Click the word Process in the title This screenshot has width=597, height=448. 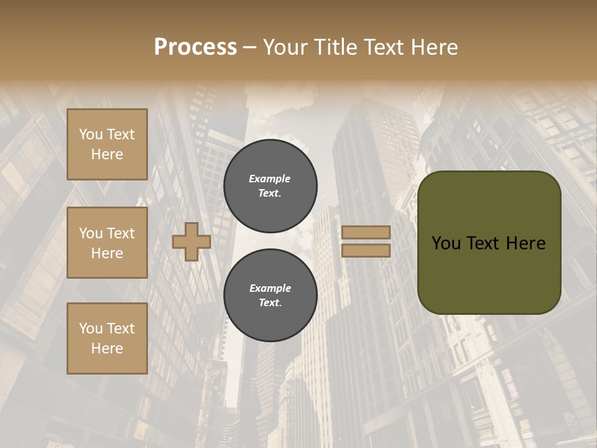tap(195, 47)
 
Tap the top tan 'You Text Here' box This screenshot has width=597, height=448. tap(107, 144)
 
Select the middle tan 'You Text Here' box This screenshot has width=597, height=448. tap(107, 243)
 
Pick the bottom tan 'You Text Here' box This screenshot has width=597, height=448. tap(107, 338)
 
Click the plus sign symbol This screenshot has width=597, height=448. tap(192, 242)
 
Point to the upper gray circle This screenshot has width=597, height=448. tap(271, 186)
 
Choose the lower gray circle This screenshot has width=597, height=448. tap(271, 296)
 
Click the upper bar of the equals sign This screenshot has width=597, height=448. tap(366, 233)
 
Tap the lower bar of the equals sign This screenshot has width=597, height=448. tap(366, 250)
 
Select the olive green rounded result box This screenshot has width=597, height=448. tap(489, 243)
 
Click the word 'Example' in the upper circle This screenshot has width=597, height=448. tap(270, 179)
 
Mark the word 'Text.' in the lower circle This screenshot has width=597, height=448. tap(271, 303)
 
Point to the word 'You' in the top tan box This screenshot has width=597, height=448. tap(91, 134)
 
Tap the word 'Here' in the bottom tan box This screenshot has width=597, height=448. tap(107, 348)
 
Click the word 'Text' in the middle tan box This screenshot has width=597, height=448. tap(121, 233)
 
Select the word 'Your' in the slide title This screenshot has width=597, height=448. tap(287, 47)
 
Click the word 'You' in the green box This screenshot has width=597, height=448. tap(446, 243)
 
